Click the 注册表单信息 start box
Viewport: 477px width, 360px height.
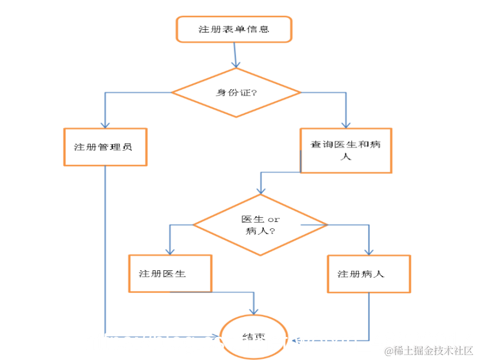tap(233, 29)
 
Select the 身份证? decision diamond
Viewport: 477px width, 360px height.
tap(236, 93)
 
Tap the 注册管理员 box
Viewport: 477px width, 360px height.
tap(105, 147)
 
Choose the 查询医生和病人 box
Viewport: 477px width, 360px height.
tap(346, 150)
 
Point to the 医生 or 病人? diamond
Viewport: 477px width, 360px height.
tap(260, 225)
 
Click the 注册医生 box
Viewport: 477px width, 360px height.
tap(170, 274)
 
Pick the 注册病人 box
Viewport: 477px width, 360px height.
tap(368, 274)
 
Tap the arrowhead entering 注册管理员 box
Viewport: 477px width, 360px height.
tap(105, 124)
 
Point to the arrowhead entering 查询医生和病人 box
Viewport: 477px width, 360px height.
tap(346, 124)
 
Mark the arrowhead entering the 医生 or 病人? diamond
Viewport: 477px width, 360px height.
tap(261, 190)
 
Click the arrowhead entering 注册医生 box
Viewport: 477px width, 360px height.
tap(170, 251)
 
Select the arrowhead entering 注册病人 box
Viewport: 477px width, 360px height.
tap(368, 251)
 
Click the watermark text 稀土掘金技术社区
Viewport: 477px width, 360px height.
tap(429, 350)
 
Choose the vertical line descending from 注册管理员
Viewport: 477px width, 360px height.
tap(105, 247)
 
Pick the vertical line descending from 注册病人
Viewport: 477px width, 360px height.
tap(368, 316)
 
